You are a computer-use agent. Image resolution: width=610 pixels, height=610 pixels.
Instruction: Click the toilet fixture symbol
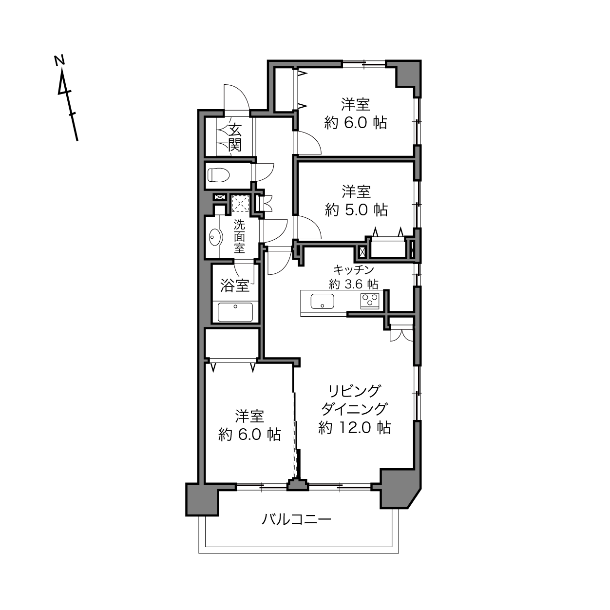pyautogui.click(x=218, y=174)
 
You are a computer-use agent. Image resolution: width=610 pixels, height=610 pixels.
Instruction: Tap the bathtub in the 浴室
pyautogui.click(x=235, y=312)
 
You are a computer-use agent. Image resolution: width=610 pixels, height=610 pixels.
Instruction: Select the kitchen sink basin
pyautogui.click(x=322, y=301)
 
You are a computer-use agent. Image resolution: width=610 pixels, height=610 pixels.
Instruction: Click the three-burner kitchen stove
pyautogui.click(x=370, y=301)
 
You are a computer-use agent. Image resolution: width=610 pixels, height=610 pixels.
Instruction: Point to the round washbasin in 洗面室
pyautogui.click(x=216, y=237)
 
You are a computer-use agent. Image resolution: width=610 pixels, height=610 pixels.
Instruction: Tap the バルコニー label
pyautogui.click(x=296, y=519)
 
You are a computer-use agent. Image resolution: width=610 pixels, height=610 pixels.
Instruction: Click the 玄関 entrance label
pyautogui.click(x=235, y=137)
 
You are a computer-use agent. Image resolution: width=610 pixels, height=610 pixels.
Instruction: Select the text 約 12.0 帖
pyautogui.click(x=355, y=428)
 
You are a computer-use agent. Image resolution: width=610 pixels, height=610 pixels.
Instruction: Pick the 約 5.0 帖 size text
pyautogui.click(x=356, y=210)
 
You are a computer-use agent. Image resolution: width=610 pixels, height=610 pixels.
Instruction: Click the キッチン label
pyautogui.click(x=353, y=270)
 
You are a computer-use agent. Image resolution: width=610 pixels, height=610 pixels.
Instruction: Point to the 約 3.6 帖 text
pyautogui.click(x=353, y=284)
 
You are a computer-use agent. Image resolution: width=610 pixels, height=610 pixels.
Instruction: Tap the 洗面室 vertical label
pyautogui.click(x=239, y=236)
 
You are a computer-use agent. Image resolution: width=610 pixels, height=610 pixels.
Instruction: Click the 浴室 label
pyautogui.click(x=234, y=286)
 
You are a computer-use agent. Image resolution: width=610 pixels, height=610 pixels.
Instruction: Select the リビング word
pyautogui.click(x=354, y=391)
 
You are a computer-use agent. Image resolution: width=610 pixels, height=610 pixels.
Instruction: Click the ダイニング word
pyautogui.click(x=354, y=409)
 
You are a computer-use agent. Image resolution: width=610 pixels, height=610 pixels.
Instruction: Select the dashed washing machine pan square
pyautogui.click(x=240, y=204)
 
